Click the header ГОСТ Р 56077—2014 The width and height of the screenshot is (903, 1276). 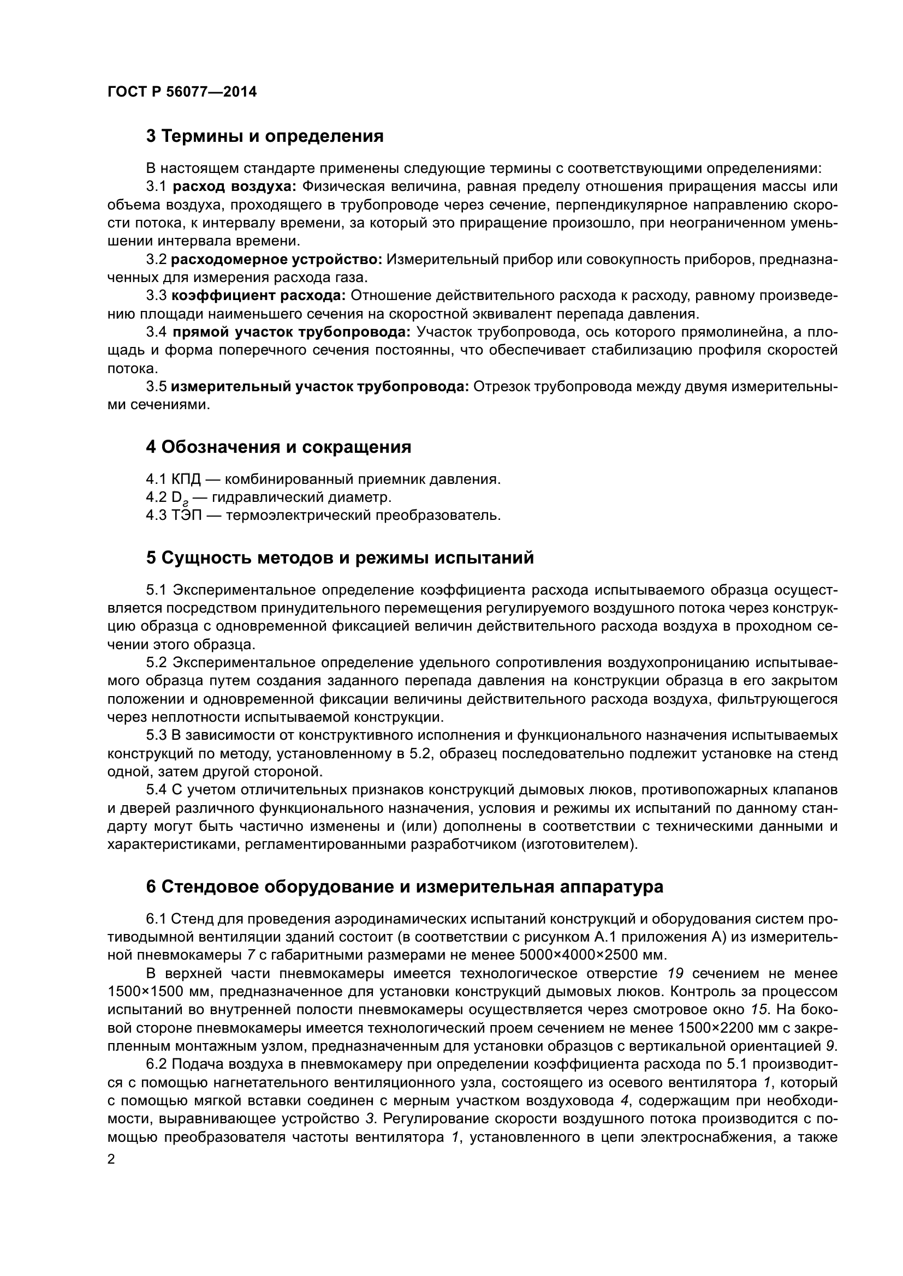(x=182, y=92)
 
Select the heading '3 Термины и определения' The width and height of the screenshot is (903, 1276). (x=265, y=136)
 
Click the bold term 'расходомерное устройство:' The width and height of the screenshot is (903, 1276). (x=276, y=259)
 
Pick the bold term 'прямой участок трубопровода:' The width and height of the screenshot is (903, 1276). (x=292, y=332)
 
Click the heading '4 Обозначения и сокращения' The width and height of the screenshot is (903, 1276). (x=278, y=447)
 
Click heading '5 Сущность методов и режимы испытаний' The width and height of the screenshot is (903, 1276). (x=340, y=558)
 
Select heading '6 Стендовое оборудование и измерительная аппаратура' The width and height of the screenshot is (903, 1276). (x=404, y=887)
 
